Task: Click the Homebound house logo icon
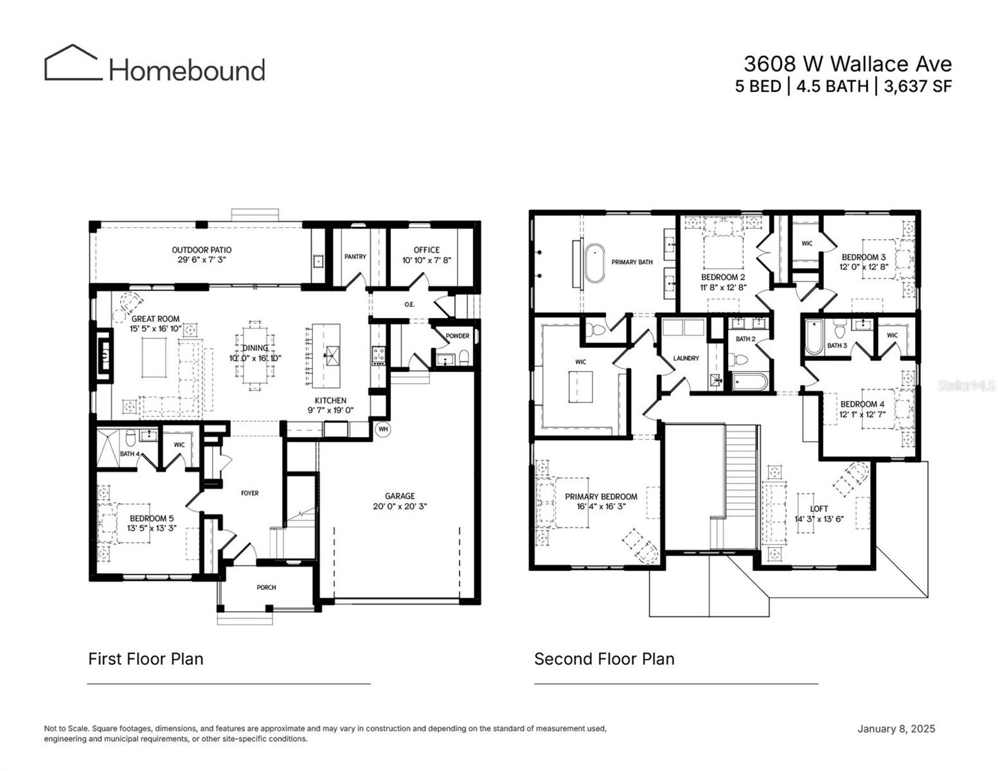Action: point(73,63)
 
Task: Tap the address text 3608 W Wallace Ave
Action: point(847,64)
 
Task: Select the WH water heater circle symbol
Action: point(383,429)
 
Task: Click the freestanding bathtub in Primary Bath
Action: point(594,262)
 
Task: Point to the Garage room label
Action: point(400,496)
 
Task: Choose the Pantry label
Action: point(355,256)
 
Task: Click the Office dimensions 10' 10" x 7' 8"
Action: point(426,260)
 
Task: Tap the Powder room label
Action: point(457,336)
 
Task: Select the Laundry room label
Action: point(686,358)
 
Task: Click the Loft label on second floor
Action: point(819,509)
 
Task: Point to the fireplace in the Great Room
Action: point(103,350)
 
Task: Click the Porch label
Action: point(266,587)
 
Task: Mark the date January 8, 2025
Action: point(896,729)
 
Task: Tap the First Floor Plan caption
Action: point(145,659)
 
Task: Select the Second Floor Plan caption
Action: point(604,659)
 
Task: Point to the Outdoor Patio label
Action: point(201,250)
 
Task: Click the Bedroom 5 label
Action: point(151,518)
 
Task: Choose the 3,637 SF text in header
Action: point(917,86)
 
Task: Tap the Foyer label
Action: point(249,493)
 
